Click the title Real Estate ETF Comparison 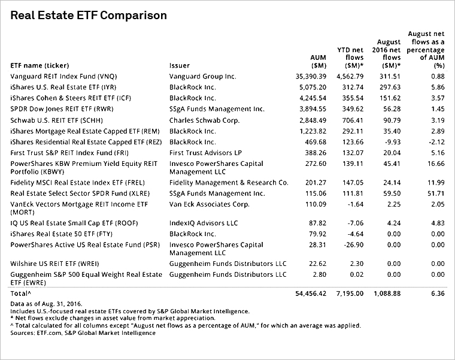tap(89, 16)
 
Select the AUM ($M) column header tap(318, 62)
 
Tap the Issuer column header tap(180, 66)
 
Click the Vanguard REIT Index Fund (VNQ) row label tap(63, 76)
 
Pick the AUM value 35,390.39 tap(311, 76)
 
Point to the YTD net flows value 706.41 tap(353, 120)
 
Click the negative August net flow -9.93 tap(392, 142)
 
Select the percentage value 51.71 tap(436, 193)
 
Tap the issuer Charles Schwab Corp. tap(205, 120)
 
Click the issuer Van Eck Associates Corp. tap(209, 204)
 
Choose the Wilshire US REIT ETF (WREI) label tap(54, 264)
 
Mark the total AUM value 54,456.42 tap(311, 294)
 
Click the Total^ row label tap(20, 294)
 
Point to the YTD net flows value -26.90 tap(353, 245)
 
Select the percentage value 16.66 tap(436, 164)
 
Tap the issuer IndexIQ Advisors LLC tap(204, 223)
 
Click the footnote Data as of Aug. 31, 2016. tap(47, 304)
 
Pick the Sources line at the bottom tap(83, 333)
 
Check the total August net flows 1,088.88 tap(387, 294)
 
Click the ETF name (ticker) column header tap(40, 66)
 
